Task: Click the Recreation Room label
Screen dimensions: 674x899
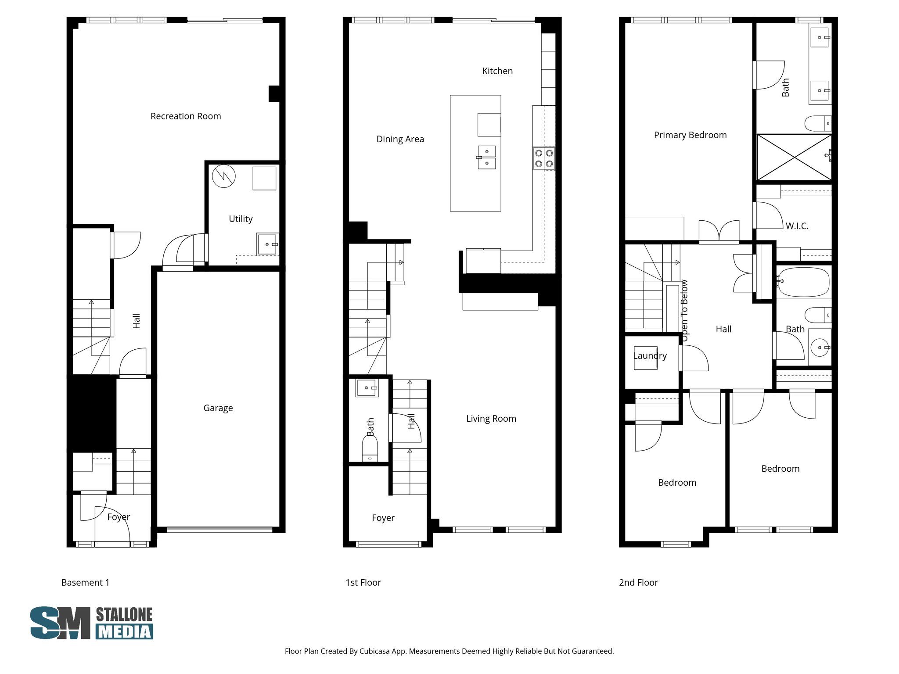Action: coord(186,116)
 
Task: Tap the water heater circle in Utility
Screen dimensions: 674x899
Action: coord(224,176)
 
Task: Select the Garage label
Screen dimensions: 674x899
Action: coord(218,408)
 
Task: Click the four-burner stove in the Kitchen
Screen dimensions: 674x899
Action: coord(544,158)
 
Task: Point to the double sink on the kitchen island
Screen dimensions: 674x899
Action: coord(487,157)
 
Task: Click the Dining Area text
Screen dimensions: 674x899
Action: coord(400,139)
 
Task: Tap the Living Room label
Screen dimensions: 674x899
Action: coord(491,419)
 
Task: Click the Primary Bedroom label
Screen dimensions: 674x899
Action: coord(690,135)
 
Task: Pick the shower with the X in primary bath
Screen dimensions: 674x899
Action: coord(794,157)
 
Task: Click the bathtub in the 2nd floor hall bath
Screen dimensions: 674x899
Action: coord(803,282)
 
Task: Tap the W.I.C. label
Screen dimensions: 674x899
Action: coord(797,226)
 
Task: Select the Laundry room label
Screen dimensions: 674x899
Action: coord(650,356)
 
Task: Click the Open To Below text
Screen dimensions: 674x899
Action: coord(684,311)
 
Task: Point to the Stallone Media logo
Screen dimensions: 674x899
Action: coord(92,623)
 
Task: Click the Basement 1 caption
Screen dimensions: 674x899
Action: coord(85,583)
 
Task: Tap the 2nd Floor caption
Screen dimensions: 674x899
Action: coord(638,583)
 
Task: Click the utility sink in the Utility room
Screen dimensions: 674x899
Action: coord(267,244)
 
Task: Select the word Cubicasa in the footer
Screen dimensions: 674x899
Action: coord(376,651)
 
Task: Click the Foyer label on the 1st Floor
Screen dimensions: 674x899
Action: coord(383,518)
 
